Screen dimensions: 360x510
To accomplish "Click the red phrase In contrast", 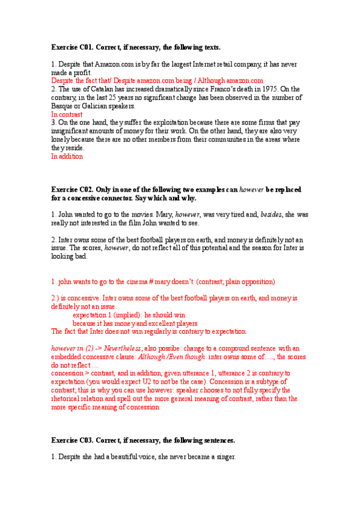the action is (67, 114).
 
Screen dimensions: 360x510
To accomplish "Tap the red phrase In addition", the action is (67, 156).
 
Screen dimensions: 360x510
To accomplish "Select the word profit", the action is (83, 72).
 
